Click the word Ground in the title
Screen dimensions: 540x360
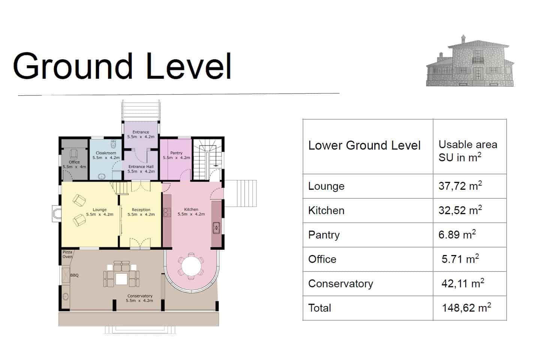(x=73, y=66)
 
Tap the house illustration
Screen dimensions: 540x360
(x=470, y=61)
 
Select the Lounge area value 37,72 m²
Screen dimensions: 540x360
(x=460, y=186)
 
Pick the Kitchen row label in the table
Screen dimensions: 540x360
(x=326, y=210)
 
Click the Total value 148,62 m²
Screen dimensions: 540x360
(x=466, y=307)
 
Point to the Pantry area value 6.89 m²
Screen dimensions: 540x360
(x=457, y=235)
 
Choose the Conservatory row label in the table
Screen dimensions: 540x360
(x=340, y=283)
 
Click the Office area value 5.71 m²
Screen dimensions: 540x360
(x=460, y=259)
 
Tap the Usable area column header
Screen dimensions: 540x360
(x=468, y=151)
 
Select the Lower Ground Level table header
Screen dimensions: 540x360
(x=364, y=145)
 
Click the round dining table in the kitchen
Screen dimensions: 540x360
(x=191, y=267)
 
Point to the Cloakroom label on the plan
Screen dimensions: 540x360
(x=106, y=153)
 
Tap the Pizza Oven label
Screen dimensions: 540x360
(x=67, y=254)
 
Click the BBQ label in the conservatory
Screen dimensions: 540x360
(x=74, y=275)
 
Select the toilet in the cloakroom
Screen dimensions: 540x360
(x=113, y=144)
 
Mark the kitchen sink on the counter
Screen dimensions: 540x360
(x=216, y=228)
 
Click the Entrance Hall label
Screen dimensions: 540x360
(x=141, y=166)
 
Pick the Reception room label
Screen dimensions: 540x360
(x=141, y=210)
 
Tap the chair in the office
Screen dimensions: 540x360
(x=74, y=154)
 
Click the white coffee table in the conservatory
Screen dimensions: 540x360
(x=121, y=279)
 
